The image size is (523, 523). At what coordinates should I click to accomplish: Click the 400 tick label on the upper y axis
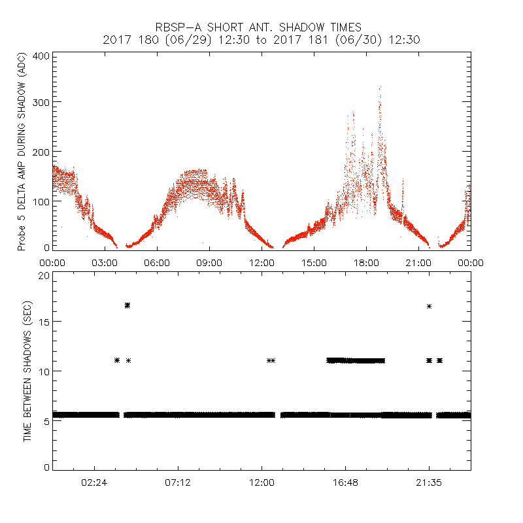click(41, 56)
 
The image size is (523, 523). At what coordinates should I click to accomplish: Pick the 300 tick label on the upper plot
click(41, 103)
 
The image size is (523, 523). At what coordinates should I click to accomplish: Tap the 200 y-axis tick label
click(41, 152)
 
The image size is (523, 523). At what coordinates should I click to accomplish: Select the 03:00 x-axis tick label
click(105, 263)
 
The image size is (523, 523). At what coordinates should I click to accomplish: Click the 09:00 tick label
click(209, 263)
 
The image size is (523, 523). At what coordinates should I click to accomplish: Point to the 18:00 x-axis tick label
click(366, 263)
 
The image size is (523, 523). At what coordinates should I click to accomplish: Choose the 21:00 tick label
click(418, 263)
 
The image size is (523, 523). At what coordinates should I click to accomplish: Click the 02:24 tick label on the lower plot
click(94, 482)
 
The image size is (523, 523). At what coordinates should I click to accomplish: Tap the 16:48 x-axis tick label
click(345, 482)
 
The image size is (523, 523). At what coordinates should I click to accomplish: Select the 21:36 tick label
click(429, 482)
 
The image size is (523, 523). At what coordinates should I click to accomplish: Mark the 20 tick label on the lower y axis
click(42, 275)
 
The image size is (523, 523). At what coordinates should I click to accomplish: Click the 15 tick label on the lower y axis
click(42, 322)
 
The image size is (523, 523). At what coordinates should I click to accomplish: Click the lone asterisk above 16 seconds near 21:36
click(429, 306)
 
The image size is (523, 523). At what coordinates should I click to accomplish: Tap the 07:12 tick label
click(178, 482)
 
